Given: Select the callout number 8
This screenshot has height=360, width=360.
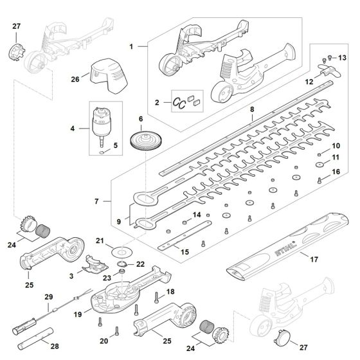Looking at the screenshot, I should point(252,111).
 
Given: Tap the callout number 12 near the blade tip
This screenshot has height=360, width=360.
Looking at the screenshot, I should point(309,82).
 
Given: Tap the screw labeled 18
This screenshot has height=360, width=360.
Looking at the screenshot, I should point(157,296).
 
